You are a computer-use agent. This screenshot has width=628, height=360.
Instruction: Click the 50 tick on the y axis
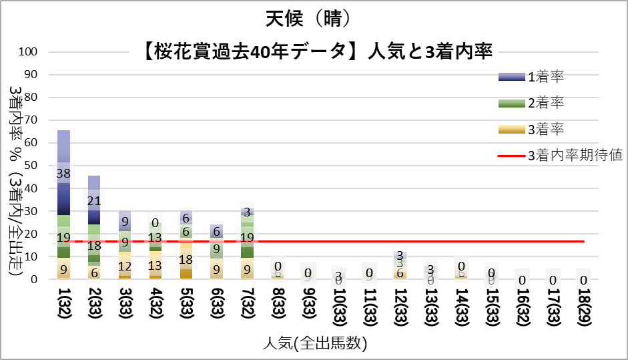31,166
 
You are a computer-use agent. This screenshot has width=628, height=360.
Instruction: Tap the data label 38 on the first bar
63,173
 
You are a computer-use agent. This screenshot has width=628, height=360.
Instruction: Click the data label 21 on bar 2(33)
94,201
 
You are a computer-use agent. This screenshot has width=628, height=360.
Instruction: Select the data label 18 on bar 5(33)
186,259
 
